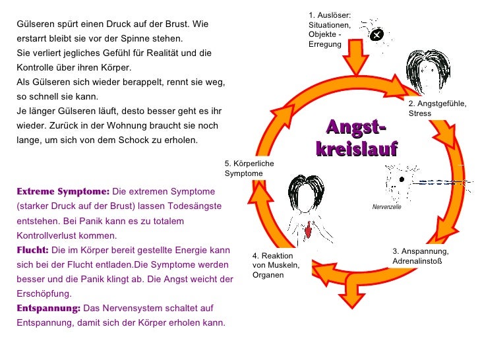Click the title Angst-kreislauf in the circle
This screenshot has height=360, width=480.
pyautogui.click(x=357, y=137)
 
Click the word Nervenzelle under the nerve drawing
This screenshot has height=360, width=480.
pyautogui.click(x=387, y=206)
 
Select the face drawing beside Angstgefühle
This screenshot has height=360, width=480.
pyautogui.click(x=423, y=73)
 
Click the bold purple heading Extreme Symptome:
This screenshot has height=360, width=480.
pyautogui.click(x=63, y=192)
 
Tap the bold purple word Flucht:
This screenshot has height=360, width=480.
pyautogui.click(x=32, y=251)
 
